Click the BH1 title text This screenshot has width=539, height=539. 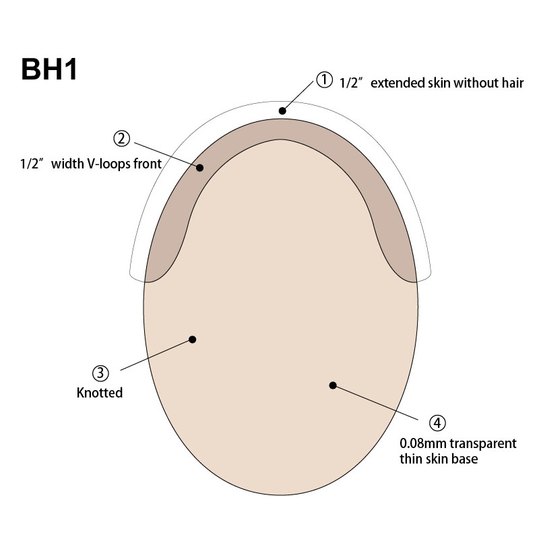[x=49, y=69]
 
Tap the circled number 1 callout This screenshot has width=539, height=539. [x=325, y=80]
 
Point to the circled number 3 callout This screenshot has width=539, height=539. [x=100, y=373]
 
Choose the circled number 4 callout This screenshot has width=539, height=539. [x=437, y=422]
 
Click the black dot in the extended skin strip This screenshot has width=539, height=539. [x=283, y=110]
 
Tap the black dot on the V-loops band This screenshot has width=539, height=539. [x=200, y=167]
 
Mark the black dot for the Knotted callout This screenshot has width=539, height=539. [x=193, y=339]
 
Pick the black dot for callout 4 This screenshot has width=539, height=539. [x=332, y=385]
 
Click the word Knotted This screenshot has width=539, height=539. [x=100, y=392]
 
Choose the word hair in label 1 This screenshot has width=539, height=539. [x=512, y=84]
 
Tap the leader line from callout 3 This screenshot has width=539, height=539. [x=155, y=354]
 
